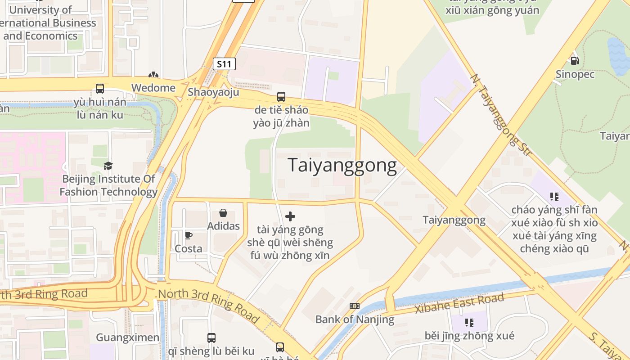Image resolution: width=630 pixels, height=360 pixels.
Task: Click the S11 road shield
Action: pos(224,64)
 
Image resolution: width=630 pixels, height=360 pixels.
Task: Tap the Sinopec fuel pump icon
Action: pos(575,60)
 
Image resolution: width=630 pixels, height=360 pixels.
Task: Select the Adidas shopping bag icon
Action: pos(223,213)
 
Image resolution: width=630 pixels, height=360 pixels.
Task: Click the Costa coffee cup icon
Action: pos(189,235)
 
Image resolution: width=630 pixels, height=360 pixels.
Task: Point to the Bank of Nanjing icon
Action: pos(355,306)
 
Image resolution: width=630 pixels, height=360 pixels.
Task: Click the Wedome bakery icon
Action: pos(153,75)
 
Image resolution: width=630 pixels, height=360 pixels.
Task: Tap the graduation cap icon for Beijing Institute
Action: pos(108,166)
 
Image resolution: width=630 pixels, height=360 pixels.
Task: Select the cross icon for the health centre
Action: pos(290,216)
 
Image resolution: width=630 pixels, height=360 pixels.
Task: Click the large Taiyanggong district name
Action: pos(342,166)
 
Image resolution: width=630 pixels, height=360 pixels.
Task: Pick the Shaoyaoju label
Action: pos(213,92)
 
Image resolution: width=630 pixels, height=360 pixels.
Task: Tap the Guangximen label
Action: pos(128,337)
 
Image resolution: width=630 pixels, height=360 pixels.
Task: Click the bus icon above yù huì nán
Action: pos(100,89)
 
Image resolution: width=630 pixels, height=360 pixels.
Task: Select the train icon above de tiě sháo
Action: pos(281,96)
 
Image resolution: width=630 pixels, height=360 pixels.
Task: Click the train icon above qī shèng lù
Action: pos(211,337)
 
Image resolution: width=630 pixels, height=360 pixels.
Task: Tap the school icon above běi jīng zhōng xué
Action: pos(469,322)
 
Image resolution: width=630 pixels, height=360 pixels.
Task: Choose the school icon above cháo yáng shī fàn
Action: pos(554,196)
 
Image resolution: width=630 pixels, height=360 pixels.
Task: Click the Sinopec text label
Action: pos(575,74)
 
